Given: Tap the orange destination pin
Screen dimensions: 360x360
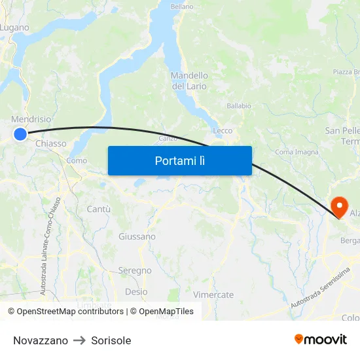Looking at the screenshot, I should [x=340, y=207].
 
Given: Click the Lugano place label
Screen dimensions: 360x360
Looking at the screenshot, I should [x=14, y=27].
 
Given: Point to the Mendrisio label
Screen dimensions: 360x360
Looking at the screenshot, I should [x=31, y=120].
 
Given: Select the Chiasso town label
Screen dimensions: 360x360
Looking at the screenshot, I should [x=51, y=143].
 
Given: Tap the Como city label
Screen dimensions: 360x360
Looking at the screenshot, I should [x=77, y=160].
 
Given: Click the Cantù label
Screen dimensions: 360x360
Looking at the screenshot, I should [x=98, y=209].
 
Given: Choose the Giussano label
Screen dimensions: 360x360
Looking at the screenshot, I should [x=137, y=236].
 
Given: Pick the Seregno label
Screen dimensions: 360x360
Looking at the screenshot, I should [x=135, y=270].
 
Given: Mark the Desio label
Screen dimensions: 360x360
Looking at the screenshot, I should [x=136, y=292].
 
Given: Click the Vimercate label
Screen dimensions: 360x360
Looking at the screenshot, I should [x=213, y=295].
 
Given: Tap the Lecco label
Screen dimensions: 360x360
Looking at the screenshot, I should [x=223, y=130].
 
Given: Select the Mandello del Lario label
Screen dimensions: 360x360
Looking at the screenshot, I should [x=189, y=81].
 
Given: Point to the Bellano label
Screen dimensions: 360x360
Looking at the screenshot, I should [x=182, y=7].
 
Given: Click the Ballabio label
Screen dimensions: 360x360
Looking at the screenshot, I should [x=239, y=105].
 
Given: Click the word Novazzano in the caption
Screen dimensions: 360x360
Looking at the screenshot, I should [x=41, y=340].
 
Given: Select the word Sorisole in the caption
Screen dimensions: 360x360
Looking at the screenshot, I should [x=111, y=340].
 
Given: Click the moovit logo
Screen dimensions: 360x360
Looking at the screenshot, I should [x=321, y=339].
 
